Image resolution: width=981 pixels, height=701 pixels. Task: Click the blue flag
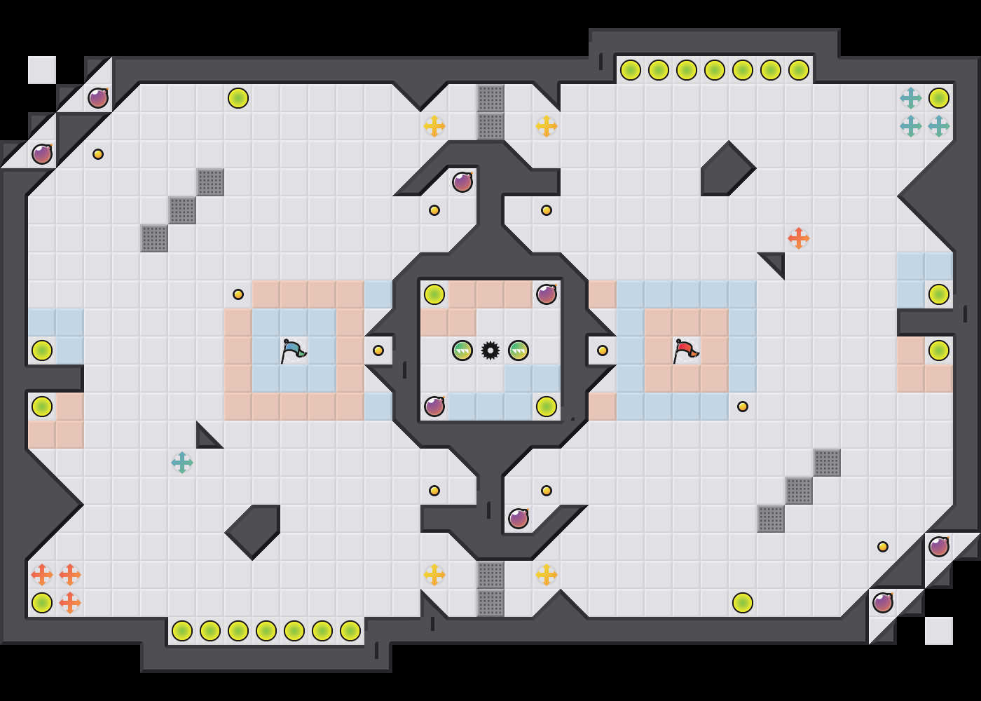point(293,350)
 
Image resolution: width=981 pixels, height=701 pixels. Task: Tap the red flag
point(685,350)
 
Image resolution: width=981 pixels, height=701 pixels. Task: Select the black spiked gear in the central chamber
point(490,350)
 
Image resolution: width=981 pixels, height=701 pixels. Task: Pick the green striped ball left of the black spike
point(462,350)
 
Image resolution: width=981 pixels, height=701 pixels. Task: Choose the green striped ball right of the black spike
point(519,350)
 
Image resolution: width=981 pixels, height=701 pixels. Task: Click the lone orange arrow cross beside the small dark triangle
point(799,238)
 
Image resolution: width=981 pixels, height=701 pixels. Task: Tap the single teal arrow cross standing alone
point(182,463)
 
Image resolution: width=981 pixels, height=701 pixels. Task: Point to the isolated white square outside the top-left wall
point(42,70)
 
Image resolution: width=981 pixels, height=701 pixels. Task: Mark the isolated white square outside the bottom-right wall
point(939,631)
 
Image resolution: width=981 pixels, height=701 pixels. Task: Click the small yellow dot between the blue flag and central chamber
point(378,350)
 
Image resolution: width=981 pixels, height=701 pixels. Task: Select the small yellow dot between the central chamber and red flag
point(603,350)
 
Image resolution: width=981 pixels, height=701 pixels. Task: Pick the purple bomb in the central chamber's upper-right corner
point(547,294)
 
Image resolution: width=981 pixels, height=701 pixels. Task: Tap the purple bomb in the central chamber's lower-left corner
point(434,407)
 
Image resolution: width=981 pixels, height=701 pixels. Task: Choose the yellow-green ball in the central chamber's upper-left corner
point(434,294)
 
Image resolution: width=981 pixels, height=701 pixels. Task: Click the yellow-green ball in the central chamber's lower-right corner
point(547,407)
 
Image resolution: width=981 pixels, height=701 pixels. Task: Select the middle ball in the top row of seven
point(715,70)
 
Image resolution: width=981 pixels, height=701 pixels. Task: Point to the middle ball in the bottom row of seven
point(266,631)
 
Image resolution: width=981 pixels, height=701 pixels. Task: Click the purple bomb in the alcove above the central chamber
point(462,182)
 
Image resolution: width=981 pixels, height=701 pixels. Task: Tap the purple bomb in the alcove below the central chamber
point(519,519)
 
